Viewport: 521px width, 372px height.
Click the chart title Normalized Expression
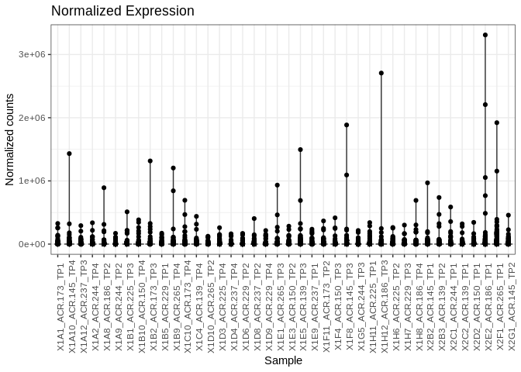122,11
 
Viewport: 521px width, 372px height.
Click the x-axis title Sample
283,360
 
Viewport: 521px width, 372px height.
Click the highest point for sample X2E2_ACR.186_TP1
485,35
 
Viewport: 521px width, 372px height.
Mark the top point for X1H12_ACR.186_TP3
381,73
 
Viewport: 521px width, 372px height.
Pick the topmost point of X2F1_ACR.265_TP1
497,122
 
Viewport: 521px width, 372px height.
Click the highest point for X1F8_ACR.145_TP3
347,125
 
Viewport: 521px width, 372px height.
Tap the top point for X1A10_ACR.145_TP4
69,153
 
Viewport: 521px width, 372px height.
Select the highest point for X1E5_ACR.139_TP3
300,150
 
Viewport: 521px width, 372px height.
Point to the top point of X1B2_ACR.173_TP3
150,161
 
